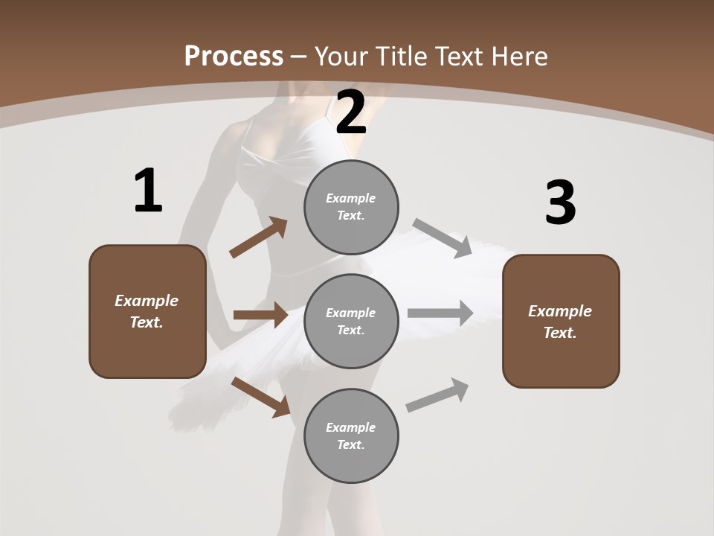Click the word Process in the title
234,57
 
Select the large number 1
148,191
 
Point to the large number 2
351,113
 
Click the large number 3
560,203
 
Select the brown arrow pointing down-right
260,396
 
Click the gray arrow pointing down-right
443,237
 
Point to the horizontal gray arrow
440,313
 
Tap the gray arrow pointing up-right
437,395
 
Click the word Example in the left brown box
147,301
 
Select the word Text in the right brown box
559,333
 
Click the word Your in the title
340,57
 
